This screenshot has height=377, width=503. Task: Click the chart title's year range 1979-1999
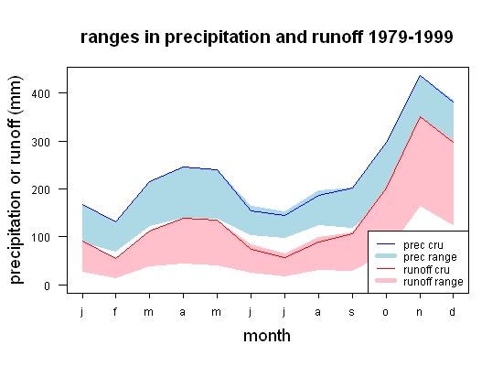tap(411, 37)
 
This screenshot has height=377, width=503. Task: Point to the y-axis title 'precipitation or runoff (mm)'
tap(16, 180)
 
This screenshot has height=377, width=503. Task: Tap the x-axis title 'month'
tap(267, 336)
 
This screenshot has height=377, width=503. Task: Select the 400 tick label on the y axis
tap(41, 93)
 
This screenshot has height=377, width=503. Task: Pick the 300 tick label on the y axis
tap(41, 142)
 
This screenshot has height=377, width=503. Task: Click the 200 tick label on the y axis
tap(41, 189)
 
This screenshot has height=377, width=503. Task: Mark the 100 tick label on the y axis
tap(41, 237)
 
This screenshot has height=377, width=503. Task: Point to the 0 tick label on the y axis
tap(48, 285)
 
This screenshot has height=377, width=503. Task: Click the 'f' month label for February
tap(115, 311)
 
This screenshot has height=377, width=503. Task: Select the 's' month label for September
tap(352, 312)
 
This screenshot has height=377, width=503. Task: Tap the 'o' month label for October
tap(386, 312)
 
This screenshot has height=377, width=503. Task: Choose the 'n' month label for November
tap(419, 312)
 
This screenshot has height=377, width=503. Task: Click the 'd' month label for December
tap(453, 311)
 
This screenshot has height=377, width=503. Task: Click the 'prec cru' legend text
tap(423, 245)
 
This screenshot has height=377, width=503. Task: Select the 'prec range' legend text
tap(430, 257)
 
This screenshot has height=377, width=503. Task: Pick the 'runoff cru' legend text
tap(426, 270)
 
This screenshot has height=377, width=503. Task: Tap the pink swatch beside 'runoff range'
tap(386, 281)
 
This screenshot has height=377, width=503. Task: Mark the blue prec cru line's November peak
tap(420, 76)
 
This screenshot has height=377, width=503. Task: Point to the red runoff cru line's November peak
tap(420, 117)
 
